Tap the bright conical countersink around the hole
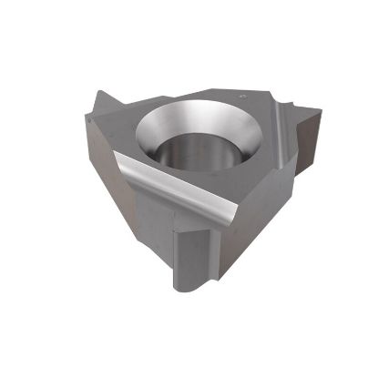click(228, 128)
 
